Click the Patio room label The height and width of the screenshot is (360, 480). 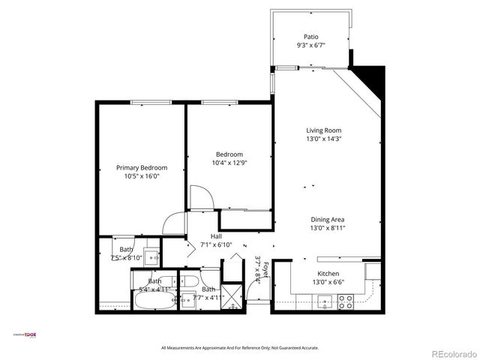[311, 36]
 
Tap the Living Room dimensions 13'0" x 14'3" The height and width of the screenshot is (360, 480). [323, 138]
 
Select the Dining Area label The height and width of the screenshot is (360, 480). [327, 219]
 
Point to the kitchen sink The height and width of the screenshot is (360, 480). [324, 301]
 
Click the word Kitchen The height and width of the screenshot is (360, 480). [328, 274]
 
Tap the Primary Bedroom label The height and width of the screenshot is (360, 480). [141, 167]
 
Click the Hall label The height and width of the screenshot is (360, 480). [205, 236]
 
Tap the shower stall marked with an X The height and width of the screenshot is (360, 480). [233, 297]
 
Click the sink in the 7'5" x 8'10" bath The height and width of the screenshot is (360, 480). [151, 256]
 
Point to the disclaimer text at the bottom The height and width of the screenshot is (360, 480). [240, 348]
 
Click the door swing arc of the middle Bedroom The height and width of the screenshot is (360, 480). [199, 197]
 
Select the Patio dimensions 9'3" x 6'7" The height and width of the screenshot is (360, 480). [311, 44]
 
